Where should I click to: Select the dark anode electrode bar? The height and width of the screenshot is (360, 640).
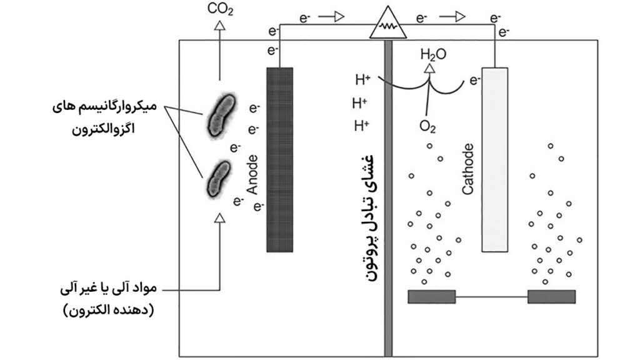(279, 159)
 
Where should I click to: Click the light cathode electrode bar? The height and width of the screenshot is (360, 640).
(495, 159)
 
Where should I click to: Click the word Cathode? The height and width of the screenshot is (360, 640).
(470, 169)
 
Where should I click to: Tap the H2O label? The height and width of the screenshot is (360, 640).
(433, 54)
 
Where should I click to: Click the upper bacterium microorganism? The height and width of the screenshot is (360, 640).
(219, 116)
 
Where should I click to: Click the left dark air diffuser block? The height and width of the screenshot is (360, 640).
(432, 296)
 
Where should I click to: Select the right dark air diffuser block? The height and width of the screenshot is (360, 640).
(551, 296)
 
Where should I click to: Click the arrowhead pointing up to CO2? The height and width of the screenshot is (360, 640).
(219, 26)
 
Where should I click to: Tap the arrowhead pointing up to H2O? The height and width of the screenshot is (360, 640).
(428, 69)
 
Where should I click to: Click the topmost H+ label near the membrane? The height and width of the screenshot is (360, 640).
(362, 79)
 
